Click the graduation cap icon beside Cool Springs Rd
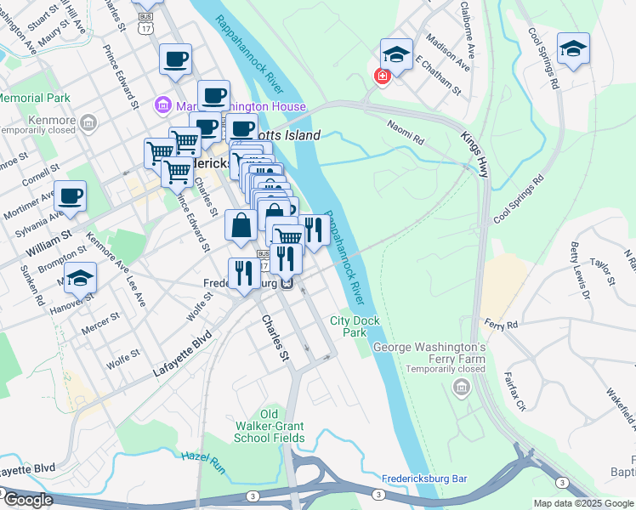(573, 49)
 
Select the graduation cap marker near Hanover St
(80, 278)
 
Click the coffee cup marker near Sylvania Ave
(70, 196)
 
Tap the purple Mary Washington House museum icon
(162, 106)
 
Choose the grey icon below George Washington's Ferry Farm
(462, 388)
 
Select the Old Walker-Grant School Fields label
(270, 426)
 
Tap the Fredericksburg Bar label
(425, 479)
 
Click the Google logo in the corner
(27, 500)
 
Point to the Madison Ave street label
(448, 52)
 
